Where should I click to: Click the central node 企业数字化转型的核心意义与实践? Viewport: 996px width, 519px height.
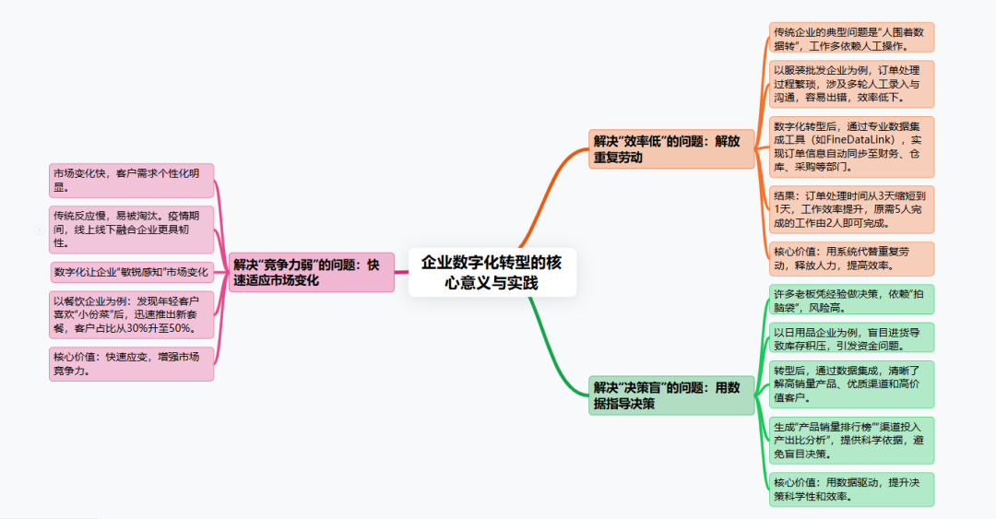click(x=492, y=272)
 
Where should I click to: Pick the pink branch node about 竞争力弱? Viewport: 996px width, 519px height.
click(x=312, y=272)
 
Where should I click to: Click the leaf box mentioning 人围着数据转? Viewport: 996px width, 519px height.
click(x=851, y=37)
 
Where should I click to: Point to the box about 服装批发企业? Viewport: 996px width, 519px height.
click(x=851, y=84)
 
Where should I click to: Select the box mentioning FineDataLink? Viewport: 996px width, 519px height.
click(x=851, y=147)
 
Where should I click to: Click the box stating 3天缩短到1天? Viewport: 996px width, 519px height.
click(x=851, y=208)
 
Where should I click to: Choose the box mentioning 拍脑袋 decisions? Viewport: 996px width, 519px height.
click(x=851, y=299)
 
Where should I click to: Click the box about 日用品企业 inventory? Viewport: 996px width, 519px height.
click(x=851, y=337)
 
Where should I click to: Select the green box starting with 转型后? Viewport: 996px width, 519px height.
click(x=851, y=383)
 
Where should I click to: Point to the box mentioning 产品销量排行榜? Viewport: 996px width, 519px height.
click(x=851, y=440)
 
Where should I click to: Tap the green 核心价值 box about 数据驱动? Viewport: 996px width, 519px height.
click(x=851, y=489)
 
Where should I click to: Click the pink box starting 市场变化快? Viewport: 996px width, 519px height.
click(x=132, y=180)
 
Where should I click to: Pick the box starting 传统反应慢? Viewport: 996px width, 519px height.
click(x=132, y=229)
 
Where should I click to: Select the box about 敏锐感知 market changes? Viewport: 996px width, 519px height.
click(x=132, y=272)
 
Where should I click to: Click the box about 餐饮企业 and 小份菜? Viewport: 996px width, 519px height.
click(x=132, y=314)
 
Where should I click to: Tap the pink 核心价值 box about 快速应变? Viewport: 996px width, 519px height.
click(x=132, y=363)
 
